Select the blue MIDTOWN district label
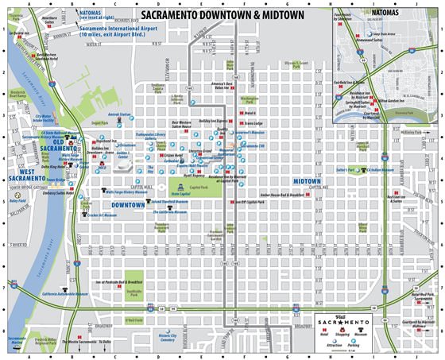[306, 181]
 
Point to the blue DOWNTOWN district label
[128, 205]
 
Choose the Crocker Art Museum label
[99, 215]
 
